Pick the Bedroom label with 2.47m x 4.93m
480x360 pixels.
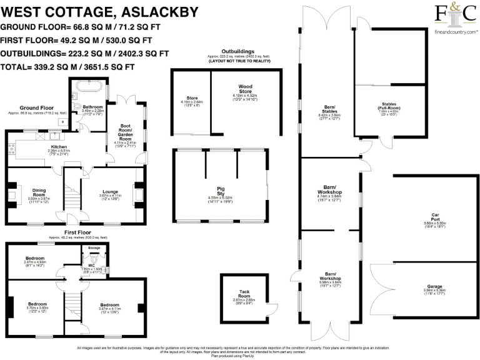tap(35, 258)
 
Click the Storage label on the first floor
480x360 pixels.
tap(94, 248)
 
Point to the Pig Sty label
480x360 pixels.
tap(220, 189)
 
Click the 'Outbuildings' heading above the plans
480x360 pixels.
tap(238, 52)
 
